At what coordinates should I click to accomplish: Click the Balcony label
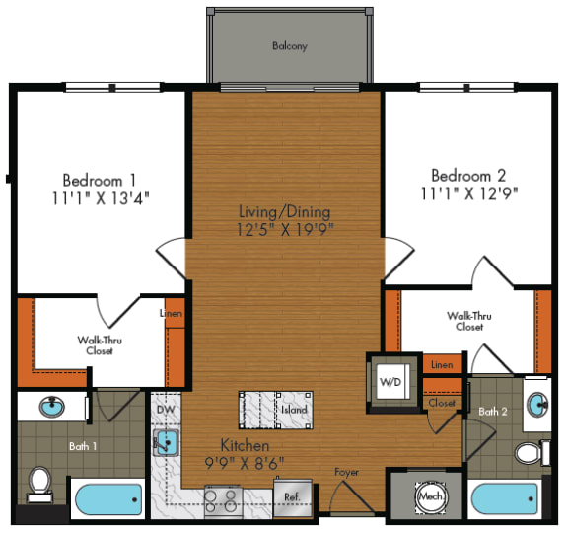290,45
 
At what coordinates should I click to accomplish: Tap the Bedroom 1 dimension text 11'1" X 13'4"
106,197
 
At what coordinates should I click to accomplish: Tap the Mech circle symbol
429,495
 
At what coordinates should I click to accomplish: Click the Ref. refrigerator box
294,496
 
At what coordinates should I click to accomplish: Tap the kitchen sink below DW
165,442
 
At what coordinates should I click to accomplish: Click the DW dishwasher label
165,407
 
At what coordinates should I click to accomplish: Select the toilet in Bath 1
40,482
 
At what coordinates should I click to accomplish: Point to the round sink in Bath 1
51,407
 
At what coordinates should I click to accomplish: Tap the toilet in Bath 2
531,453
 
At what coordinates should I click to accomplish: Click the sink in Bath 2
537,405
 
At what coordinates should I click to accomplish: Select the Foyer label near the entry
346,472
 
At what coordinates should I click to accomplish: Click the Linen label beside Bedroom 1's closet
171,314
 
